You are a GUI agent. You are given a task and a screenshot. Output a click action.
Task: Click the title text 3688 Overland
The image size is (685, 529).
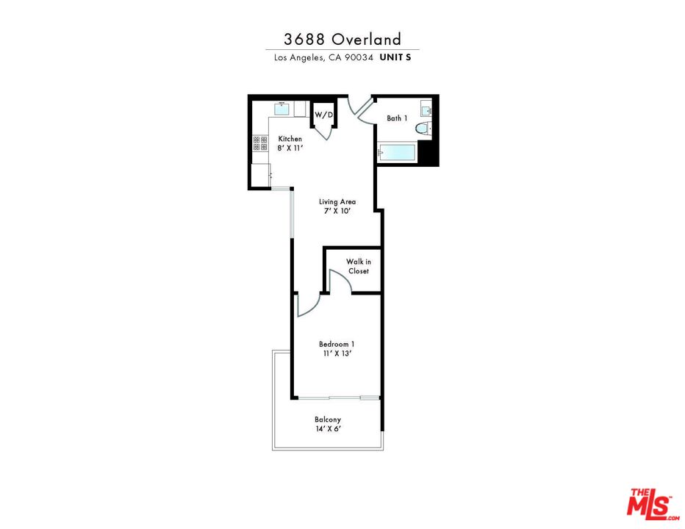click(x=342, y=40)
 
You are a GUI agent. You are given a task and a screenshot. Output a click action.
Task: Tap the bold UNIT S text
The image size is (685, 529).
click(x=395, y=57)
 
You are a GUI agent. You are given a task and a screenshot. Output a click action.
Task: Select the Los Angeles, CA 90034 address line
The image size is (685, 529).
click(x=323, y=57)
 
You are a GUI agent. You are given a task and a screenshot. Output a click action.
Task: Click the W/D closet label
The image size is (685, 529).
click(x=323, y=115)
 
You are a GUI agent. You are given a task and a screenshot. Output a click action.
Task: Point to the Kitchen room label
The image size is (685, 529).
click(x=290, y=139)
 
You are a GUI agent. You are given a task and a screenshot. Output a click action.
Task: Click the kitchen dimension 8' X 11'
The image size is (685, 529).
click(x=290, y=148)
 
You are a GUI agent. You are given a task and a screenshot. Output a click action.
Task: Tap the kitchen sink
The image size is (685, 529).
click(x=281, y=109)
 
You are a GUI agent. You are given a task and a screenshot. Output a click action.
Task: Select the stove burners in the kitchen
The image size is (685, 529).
click(x=260, y=143)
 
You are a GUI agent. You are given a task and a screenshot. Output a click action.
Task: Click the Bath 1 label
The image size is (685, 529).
click(x=397, y=118)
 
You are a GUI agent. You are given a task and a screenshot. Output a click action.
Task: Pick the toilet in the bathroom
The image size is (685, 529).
click(x=423, y=129)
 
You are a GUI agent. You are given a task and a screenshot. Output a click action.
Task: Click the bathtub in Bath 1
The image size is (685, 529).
click(x=396, y=153)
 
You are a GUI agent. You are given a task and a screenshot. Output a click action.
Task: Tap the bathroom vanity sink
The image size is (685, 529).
click(x=426, y=109)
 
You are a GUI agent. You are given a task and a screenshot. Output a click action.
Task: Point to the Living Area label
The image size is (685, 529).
click(x=337, y=202)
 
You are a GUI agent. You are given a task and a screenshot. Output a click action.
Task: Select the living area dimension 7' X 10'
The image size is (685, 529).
click(x=337, y=211)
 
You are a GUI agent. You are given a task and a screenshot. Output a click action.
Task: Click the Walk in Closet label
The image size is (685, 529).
click(x=359, y=266)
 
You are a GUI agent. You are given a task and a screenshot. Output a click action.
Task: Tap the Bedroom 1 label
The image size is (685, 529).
click(x=337, y=345)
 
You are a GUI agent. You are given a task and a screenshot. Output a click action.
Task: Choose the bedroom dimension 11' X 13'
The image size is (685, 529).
click(x=337, y=353)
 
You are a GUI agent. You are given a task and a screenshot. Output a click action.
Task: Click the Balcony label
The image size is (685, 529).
click(x=328, y=420)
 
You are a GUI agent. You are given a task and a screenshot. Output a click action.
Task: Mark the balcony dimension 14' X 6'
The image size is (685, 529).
click(x=328, y=429)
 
